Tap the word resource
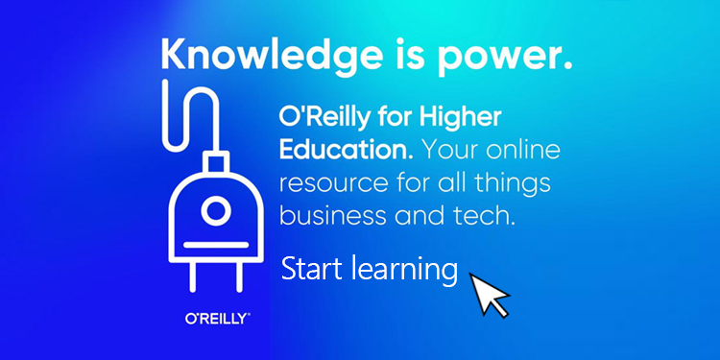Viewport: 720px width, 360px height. [x=327, y=183]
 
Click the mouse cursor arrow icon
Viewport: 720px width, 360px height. [x=489, y=292]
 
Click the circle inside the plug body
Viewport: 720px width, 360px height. [x=217, y=208]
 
